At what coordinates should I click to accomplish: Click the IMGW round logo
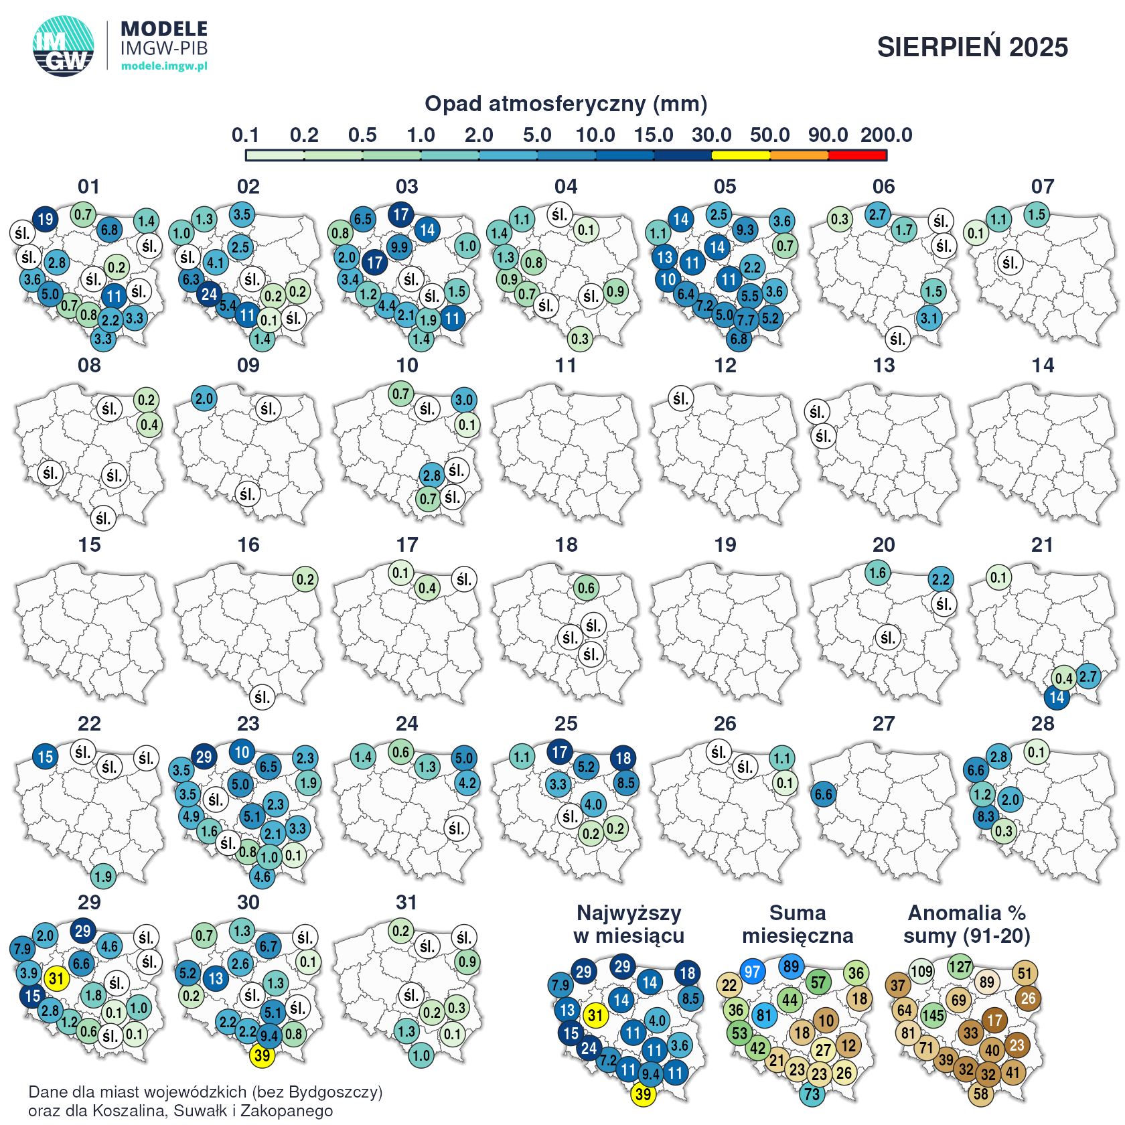point(64,46)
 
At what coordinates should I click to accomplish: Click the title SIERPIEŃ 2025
point(972,47)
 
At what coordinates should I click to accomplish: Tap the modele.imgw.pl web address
point(164,66)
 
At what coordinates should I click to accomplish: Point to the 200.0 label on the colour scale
point(886,135)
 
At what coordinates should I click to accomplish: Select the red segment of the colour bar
point(858,155)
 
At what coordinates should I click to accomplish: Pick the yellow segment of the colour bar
point(741,155)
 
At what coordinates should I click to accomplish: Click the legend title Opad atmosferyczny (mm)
point(566,104)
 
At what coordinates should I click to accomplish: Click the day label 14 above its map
point(1043,366)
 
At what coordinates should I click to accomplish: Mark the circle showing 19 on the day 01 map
point(45,219)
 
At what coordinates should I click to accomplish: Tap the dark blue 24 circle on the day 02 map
point(210,293)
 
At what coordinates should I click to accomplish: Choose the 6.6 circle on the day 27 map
point(824,795)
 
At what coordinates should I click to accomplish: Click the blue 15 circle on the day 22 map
point(45,757)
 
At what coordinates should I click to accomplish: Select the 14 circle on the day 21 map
point(1057,698)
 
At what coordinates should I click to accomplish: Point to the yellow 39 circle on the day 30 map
point(262,1056)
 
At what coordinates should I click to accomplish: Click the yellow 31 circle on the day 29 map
point(56,979)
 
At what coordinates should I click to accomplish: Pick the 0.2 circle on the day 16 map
point(305,579)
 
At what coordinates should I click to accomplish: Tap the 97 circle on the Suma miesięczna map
point(753,972)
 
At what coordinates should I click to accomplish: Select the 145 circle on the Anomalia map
point(933,1015)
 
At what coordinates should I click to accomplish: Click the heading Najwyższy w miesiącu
point(629,924)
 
